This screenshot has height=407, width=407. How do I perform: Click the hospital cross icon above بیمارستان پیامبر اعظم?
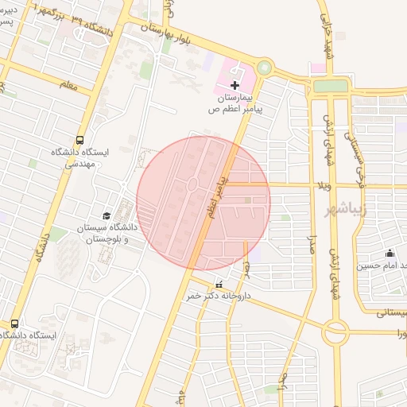coord(235,84)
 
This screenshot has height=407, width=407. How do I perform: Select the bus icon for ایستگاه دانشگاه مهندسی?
coord(80,138)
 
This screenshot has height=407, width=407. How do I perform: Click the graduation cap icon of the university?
coord(106,215)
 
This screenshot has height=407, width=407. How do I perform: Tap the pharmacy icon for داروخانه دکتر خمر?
coord(219,285)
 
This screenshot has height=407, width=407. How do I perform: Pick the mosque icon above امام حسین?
coord(390,254)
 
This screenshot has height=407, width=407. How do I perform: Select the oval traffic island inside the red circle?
coord(193,185)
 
